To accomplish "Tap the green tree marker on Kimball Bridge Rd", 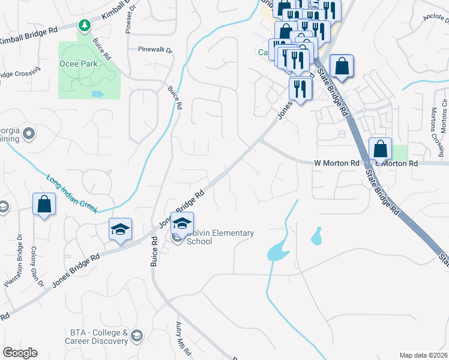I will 85,25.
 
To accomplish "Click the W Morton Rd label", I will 336,163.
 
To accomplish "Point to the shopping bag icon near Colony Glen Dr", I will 44,204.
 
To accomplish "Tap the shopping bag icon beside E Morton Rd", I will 381,148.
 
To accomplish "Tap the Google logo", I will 20,353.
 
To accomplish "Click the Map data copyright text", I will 423,355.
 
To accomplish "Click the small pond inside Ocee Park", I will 97,94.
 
